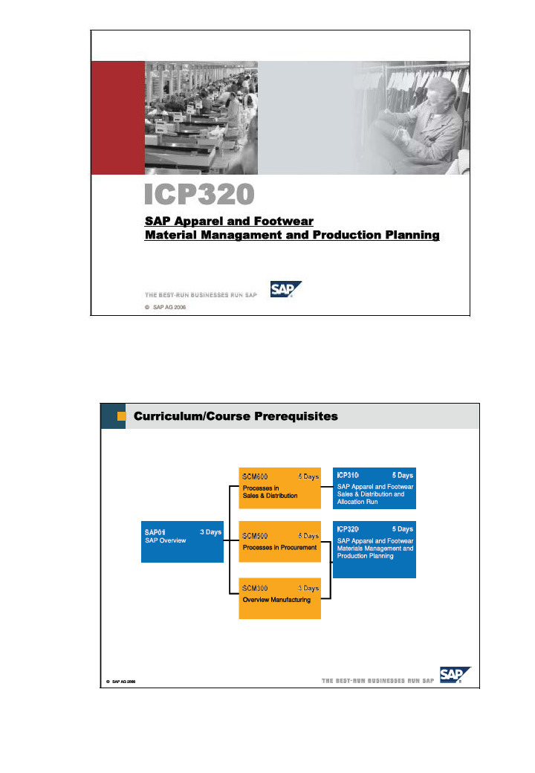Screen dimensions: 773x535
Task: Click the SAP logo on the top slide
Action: click(x=285, y=291)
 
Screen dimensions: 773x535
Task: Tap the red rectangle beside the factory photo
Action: click(x=117, y=117)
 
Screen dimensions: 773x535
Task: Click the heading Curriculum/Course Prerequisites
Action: click(x=235, y=417)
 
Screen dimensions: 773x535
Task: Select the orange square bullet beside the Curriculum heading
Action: click(x=122, y=416)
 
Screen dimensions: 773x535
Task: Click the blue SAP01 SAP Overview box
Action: click(x=182, y=542)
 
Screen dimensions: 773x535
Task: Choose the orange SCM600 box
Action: click(x=279, y=487)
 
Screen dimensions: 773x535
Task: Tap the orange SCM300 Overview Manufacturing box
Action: click(x=279, y=598)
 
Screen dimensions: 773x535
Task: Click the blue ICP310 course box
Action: click(x=374, y=488)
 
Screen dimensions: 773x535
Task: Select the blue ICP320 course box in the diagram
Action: click(x=374, y=549)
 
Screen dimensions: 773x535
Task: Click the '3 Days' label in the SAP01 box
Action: click(x=210, y=532)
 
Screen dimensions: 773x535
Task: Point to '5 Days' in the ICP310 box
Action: click(x=402, y=475)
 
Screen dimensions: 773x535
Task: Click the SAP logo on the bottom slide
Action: click(x=454, y=675)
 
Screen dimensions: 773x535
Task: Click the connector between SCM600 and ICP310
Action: click(x=327, y=487)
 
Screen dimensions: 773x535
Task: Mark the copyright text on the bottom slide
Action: click(x=120, y=681)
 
